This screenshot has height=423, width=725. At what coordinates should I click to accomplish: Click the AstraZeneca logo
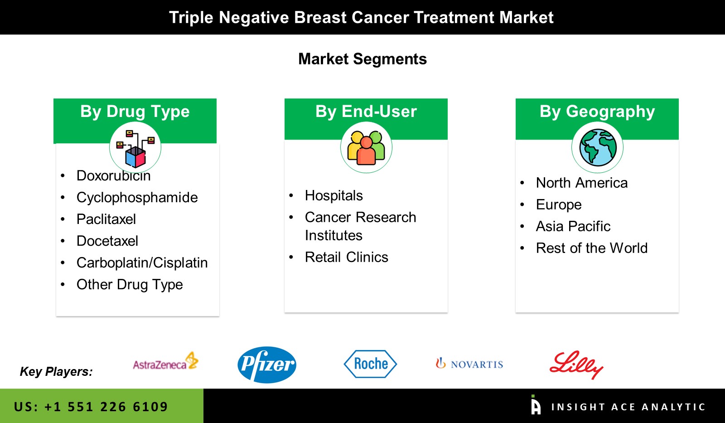[165, 362]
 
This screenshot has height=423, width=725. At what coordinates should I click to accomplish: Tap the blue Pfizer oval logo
[267, 365]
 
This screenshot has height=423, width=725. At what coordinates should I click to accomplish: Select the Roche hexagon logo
[370, 364]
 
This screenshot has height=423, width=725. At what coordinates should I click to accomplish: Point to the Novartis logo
[469, 364]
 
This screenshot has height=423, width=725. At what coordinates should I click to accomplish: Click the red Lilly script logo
[576, 365]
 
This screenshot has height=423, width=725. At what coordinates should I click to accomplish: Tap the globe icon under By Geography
[598, 147]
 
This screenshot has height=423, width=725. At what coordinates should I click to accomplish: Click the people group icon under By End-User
[366, 148]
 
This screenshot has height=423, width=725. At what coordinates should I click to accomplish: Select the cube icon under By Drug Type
[135, 148]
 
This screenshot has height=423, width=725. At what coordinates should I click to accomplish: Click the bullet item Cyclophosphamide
[137, 198]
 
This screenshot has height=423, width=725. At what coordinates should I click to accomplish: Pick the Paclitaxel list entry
[106, 219]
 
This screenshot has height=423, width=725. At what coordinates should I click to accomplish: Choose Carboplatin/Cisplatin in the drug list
[142, 263]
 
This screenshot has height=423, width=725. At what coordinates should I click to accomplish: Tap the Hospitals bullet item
[333, 195]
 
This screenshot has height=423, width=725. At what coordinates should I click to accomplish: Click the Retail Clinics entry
[346, 257]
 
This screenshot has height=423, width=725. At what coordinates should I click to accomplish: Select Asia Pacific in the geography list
[573, 226]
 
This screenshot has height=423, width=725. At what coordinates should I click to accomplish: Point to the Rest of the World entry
[592, 248]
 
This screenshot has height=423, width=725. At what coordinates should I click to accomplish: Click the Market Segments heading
[362, 59]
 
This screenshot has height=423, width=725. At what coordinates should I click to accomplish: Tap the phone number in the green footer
[91, 407]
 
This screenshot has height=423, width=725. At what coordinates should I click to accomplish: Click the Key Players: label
[56, 372]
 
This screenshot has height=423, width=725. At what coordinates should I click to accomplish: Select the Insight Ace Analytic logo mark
[536, 404]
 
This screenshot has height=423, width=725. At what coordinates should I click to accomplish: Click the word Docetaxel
[107, 241]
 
